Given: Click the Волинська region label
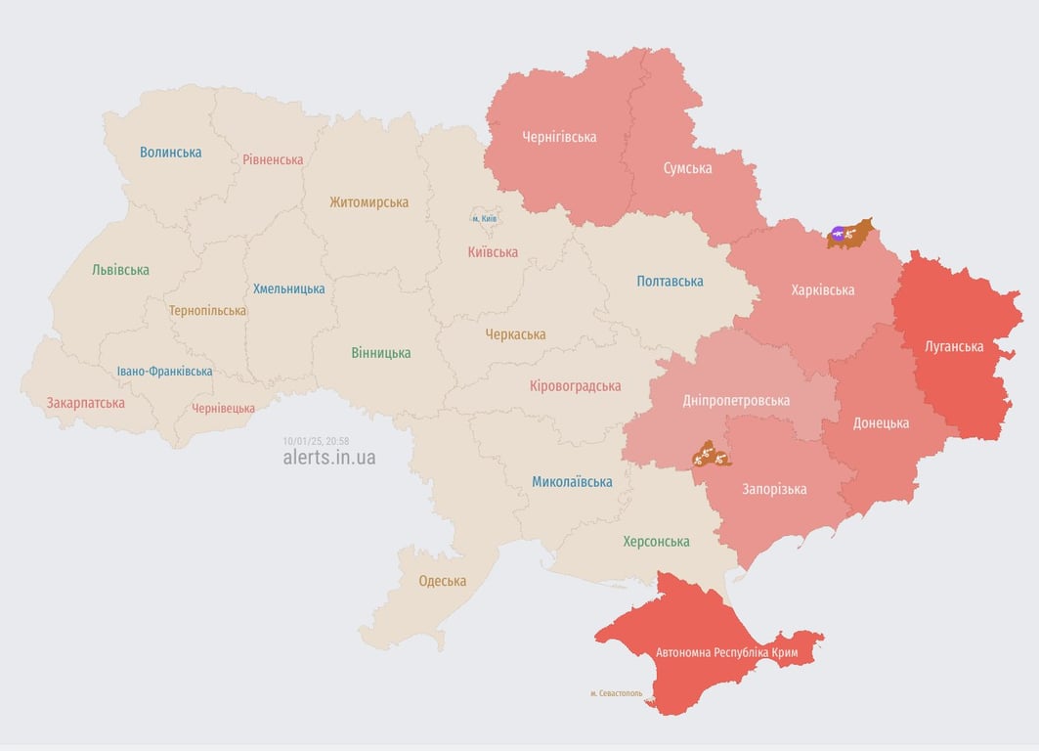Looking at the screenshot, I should [170, 153].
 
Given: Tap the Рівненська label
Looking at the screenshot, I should [273, 159].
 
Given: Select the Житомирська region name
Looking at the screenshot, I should [368, 202].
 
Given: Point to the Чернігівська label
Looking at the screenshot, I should [559, 137].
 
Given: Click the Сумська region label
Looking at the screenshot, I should [687, 168].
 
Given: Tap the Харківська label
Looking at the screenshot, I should [822, 290].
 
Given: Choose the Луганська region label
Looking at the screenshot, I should [954, 346].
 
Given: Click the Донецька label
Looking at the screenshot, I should [880, 423].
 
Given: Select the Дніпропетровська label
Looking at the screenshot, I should [736, 401].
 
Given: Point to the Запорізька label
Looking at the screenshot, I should [774, 489].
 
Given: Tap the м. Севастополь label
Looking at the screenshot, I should [616, 693].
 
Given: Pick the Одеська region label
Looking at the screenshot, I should [442, 581].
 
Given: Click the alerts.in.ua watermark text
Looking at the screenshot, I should [328, 458].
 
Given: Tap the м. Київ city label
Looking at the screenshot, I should [484, 218].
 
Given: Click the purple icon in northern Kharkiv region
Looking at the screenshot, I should [837, 233].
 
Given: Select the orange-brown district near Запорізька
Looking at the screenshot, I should [711, 455].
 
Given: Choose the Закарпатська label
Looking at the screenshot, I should [86, 403].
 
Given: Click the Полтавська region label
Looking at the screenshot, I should [670, 282].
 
